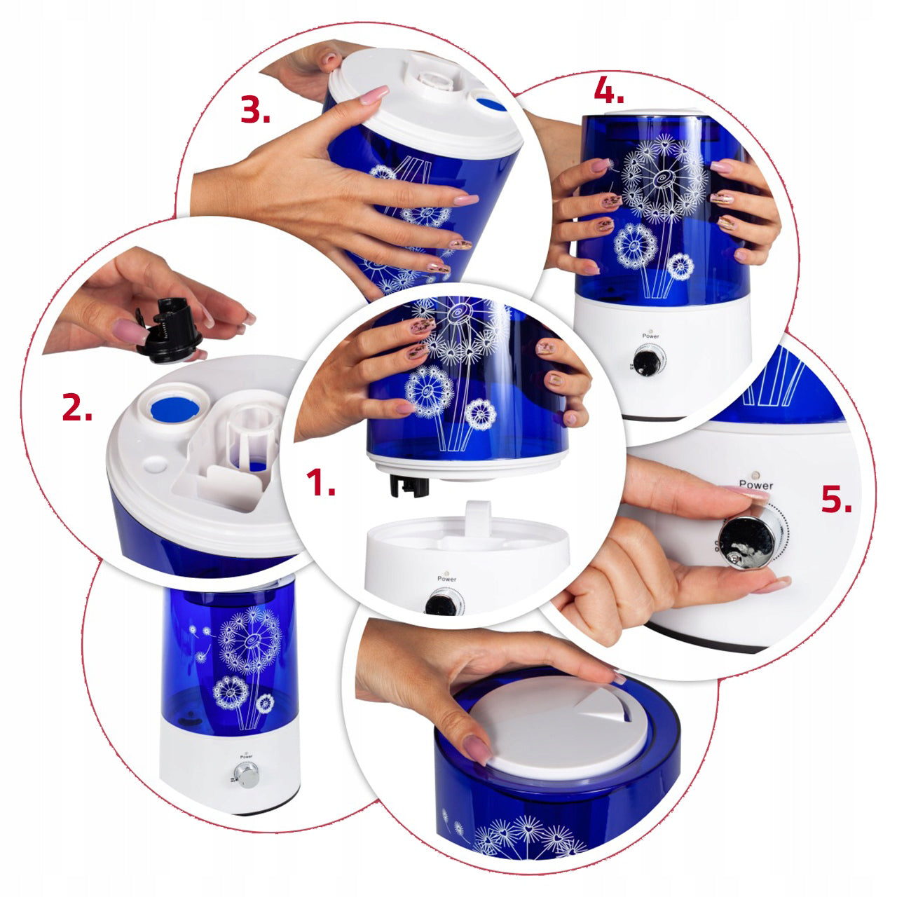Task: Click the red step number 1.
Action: coord(321,482)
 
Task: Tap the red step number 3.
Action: coord(256,109)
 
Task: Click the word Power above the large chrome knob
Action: coord(756,484)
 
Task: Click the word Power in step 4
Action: coord(651,336)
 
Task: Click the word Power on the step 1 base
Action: coord(447,579)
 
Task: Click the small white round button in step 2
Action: coord(156,464)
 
